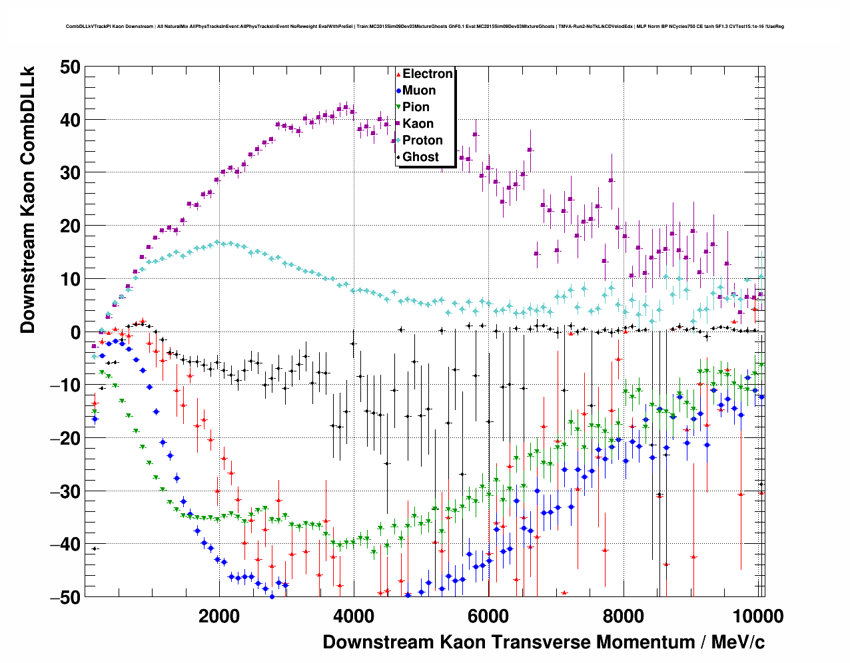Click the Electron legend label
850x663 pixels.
[x=428, y=74]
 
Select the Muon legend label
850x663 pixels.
[x=419, y=91]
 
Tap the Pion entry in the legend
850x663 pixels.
[x=416, y=107]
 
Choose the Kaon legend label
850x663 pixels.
[x=418, y=124]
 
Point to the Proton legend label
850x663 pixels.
[x=422, y=140]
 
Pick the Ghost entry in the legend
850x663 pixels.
[x=420, y=157]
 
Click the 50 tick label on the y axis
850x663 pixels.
[x=69, y=67]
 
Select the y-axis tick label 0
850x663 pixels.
[x=75, y=332]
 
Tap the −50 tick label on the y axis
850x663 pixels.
[x=65, y=597]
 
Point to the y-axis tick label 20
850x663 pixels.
[x=69, y=226]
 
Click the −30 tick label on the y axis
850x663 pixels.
[x=65, y=491]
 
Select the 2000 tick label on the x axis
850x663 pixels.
[x=218, y=616]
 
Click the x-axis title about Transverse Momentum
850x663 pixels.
[x=544, y=642]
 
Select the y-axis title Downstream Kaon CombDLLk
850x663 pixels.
[x=27, y=199]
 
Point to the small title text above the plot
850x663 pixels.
[x=424, y=27]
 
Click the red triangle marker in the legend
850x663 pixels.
[x=398, y=74]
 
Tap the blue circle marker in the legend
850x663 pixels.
[x=398, y=91]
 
